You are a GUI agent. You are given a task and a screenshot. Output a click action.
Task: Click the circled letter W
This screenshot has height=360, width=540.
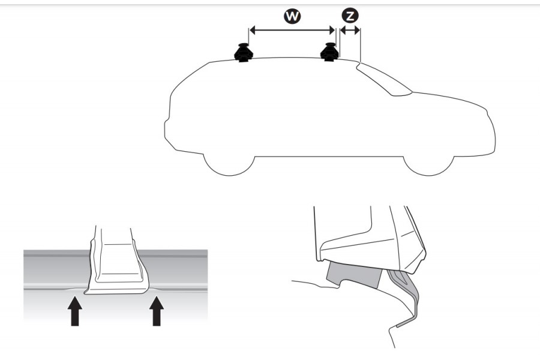[292, 17]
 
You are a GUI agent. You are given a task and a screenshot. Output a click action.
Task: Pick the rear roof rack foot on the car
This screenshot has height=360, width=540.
[243, 53]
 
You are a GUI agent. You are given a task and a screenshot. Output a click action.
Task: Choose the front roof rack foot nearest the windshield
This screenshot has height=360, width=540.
[329, 52]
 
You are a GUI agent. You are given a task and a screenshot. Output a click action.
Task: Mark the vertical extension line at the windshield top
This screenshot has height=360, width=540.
[359, 45]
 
